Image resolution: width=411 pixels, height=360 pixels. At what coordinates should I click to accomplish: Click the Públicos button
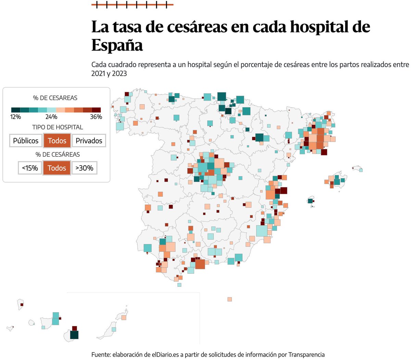tap(26, 141)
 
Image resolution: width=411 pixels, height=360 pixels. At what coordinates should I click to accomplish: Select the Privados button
tap(89, 141)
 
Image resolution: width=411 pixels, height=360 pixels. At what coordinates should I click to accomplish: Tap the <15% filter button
tap(30, 168)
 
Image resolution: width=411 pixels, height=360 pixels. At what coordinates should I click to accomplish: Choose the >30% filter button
tap(84, 168)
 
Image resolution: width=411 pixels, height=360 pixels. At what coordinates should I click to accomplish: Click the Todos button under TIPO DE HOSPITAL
tap(57, 141)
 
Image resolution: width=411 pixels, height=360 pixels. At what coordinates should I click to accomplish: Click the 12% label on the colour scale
tap(15, 117)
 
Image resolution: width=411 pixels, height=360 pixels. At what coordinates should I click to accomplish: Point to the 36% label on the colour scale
tap(96, 117)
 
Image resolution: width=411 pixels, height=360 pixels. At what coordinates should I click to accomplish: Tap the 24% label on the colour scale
tap(51, 117)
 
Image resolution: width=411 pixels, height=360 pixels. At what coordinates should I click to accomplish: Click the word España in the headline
tap(117, 45)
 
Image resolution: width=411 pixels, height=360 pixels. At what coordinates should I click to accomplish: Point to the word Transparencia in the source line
tap(306, 355)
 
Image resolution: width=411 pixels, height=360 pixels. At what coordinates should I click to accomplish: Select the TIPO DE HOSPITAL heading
tap(58, 127)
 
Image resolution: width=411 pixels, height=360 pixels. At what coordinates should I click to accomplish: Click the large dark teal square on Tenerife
tap(74, 335)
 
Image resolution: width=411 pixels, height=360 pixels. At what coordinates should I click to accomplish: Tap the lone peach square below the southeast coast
tap(229, 299)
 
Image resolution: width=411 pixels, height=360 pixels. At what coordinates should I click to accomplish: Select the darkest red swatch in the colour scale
tap(96, 110)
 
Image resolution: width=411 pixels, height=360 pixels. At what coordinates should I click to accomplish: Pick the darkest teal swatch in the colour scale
tap(15, 110)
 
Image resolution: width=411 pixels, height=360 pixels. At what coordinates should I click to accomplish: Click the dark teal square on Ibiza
tap(311, 201)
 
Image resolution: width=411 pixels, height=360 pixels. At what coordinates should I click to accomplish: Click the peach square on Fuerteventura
tap(124, 318)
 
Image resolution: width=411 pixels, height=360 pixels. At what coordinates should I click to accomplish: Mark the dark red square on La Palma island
tap(22, 304)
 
